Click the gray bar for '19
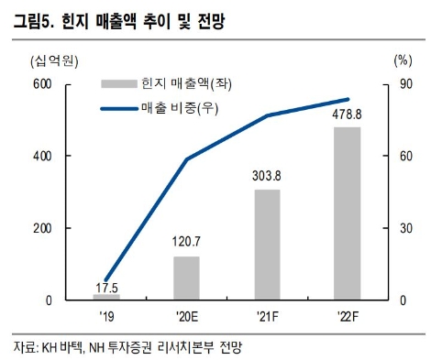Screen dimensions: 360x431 click(x=106, y=297)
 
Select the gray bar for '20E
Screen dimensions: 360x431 click(x=187, y=278)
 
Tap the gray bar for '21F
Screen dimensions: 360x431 click(x=267, y=245)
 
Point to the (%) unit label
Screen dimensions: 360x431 click(x=401, y=61)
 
